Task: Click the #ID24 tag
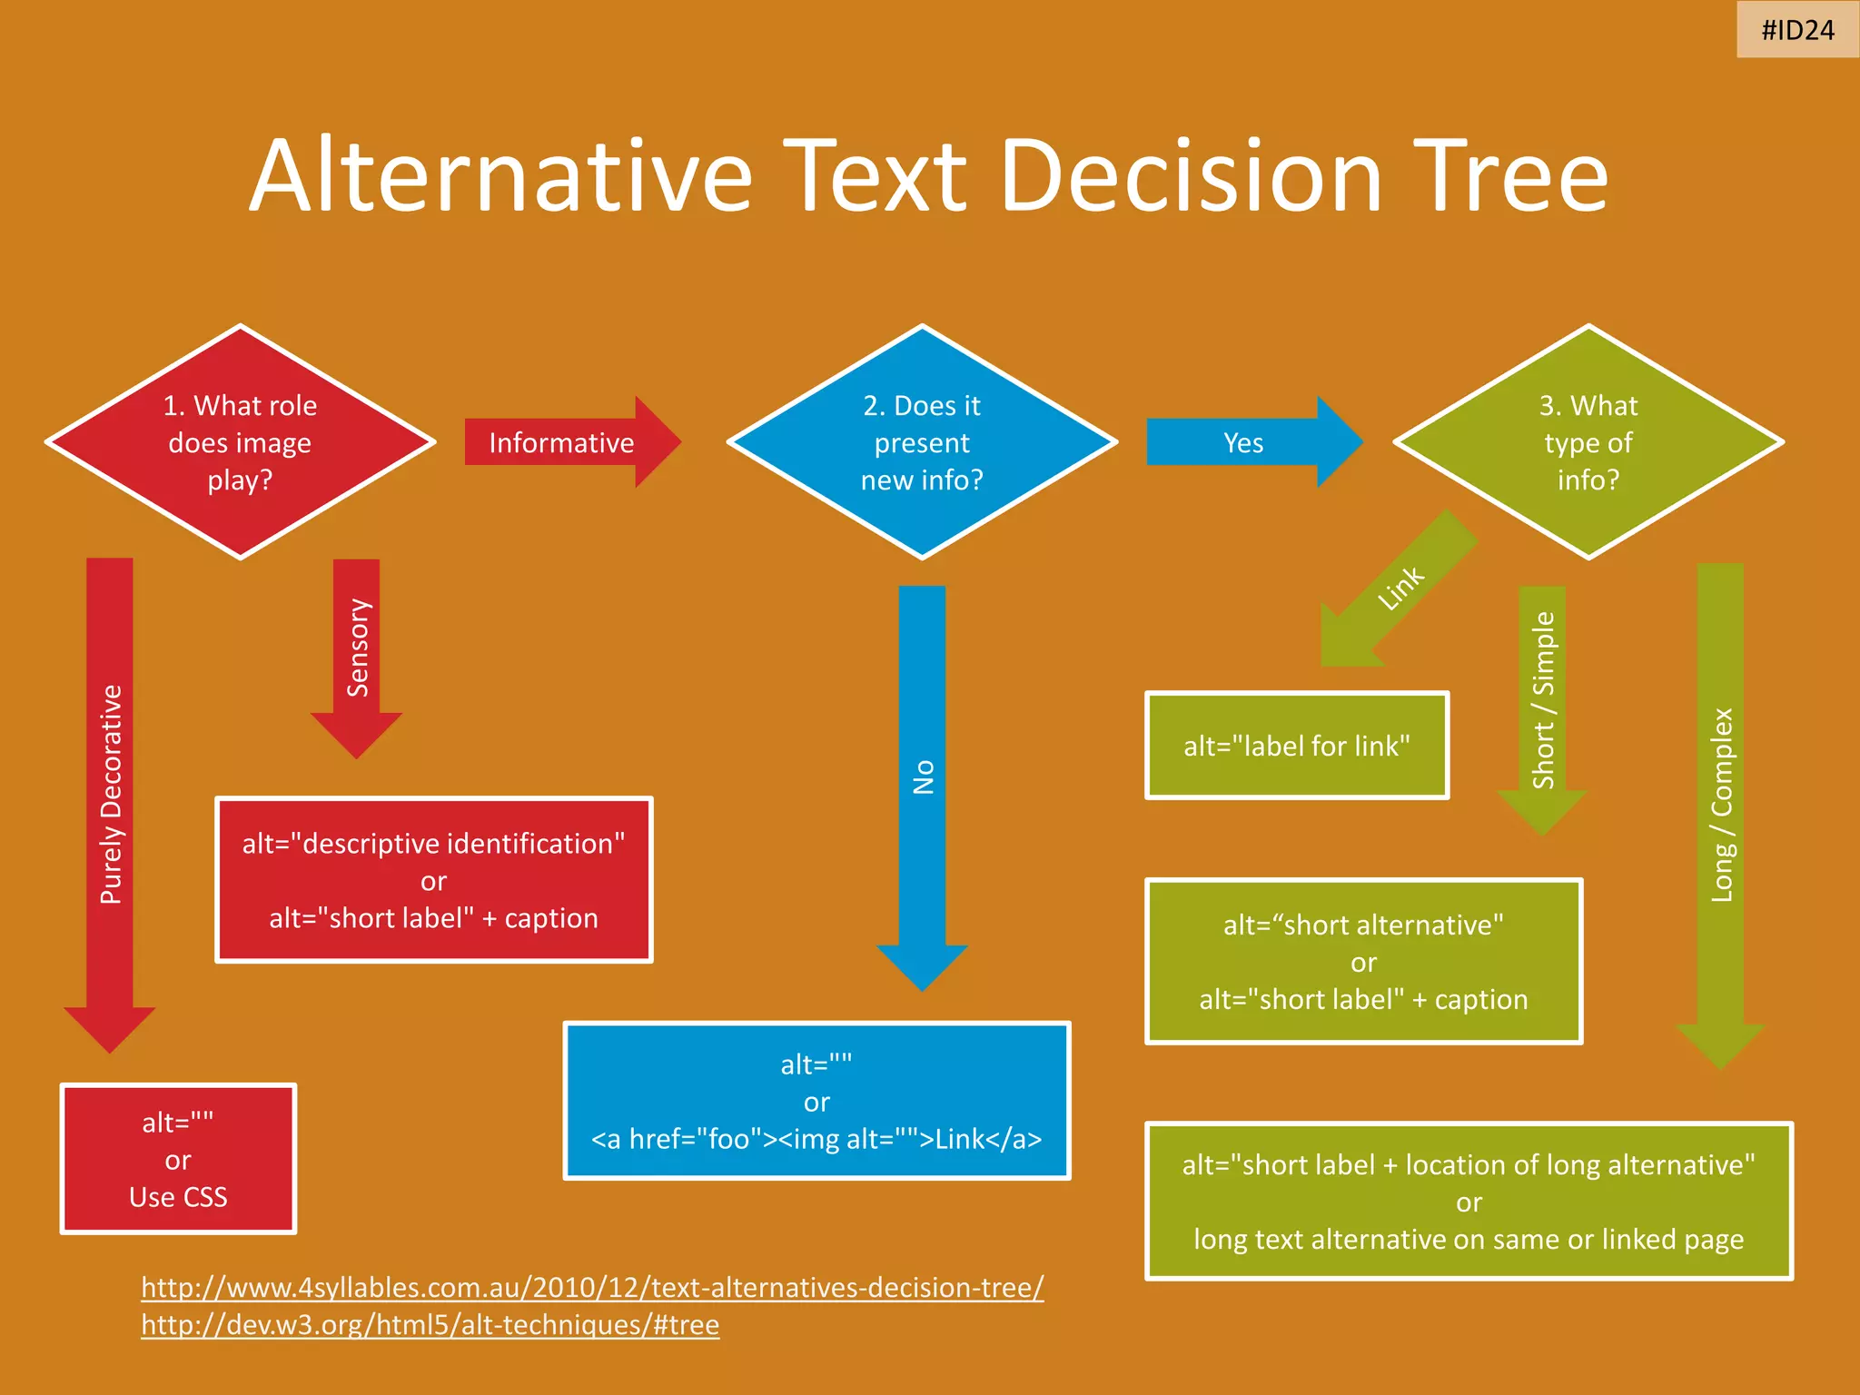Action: point(1797,30)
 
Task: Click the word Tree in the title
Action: point(1509,176)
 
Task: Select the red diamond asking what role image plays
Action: point(241,442)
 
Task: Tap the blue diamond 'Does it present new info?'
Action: point(922,442)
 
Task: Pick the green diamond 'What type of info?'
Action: point(1588,442)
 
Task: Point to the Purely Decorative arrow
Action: point(110,795)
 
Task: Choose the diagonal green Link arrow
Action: point(1399,589)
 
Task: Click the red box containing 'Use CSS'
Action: point(178,1159)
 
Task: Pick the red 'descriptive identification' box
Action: point(434,880)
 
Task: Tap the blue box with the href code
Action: point(816,1101)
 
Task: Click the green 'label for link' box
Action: point(1296,746)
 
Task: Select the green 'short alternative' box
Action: point(1363,962)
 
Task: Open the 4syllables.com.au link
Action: point(592,1287)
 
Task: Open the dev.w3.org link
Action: point(430,1325)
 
